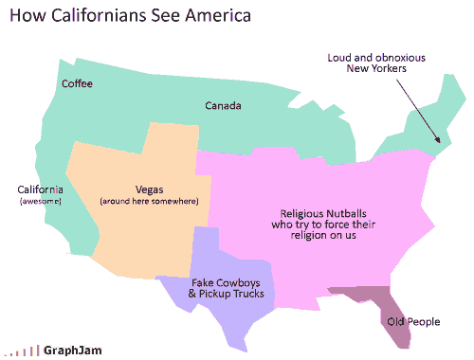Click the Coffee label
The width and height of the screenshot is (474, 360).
77,84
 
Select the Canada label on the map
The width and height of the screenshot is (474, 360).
224,105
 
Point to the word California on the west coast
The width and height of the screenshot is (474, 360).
40,189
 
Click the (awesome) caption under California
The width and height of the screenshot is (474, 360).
40,201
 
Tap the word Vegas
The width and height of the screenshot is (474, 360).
149,189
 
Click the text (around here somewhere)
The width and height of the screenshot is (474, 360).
149,201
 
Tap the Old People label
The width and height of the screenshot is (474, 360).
413,322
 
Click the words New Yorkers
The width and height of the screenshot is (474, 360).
377,69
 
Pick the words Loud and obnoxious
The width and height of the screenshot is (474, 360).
376,57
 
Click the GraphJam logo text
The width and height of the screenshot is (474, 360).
72,350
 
